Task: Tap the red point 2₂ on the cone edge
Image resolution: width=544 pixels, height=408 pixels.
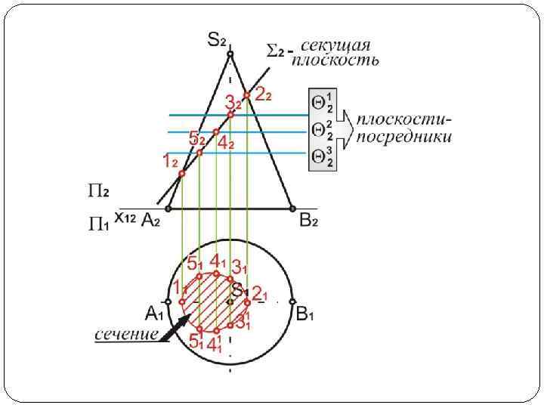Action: point(246,95)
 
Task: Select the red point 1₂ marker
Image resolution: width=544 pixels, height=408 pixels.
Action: point(181,174)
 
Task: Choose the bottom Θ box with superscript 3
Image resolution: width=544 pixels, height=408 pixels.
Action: point(323,159)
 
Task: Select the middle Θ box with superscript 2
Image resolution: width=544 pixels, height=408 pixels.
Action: point(323,130)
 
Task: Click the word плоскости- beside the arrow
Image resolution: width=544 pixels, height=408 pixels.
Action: point(404,122)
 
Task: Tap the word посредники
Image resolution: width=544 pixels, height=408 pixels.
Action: point(404,138)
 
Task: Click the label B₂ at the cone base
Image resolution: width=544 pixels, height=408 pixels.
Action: point(308,221)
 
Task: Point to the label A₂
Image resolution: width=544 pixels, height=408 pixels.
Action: point(151,221)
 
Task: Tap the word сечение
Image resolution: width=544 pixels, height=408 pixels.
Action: point(126,333)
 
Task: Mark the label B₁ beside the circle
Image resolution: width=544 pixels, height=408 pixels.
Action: point(305,314)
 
